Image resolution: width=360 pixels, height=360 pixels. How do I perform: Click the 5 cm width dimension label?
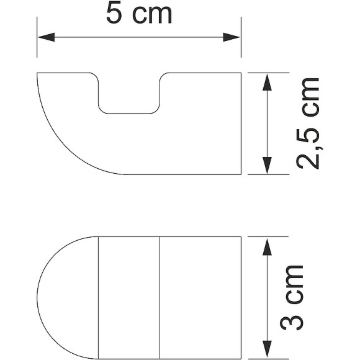click(138, 14)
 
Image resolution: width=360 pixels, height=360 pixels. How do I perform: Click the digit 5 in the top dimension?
click(114, 14)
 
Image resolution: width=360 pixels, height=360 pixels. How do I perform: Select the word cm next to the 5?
click(151, 15)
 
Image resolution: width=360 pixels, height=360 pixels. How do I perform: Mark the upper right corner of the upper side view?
click(241, 73)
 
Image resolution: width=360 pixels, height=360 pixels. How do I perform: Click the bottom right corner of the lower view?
click(241, 358)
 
